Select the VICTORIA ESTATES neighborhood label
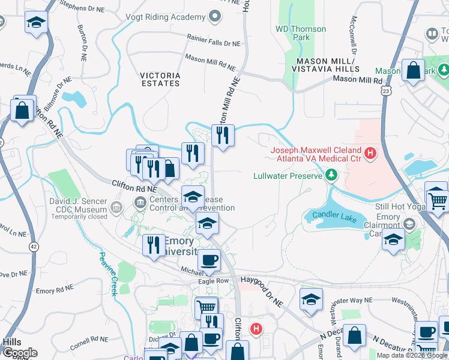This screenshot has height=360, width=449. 160,79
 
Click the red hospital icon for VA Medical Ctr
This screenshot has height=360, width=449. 370,154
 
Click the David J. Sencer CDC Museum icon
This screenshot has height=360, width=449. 116,208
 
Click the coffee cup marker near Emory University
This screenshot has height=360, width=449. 209,260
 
